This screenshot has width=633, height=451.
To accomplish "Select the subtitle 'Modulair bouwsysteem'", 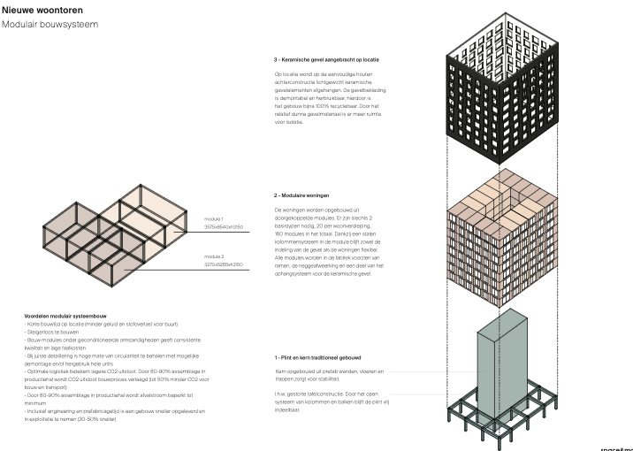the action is pos(50,24).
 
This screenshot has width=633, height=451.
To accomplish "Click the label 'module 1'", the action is pos(213,218).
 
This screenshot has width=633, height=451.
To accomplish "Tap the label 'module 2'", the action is pos(213,256).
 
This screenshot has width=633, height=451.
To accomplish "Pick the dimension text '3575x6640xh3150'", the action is pos(224,225).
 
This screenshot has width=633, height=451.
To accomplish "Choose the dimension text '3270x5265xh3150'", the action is pos(224,264).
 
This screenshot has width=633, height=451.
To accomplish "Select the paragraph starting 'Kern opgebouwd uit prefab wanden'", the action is pos(327,376).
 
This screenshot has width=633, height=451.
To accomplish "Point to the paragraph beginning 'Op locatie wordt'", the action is pos(331,93).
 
